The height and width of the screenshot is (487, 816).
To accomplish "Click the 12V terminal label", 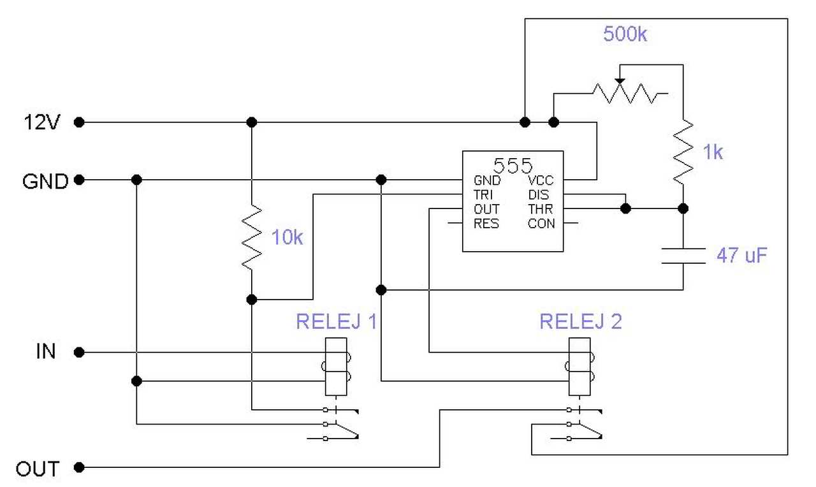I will (41, 122).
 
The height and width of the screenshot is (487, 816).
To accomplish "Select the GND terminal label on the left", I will (45, 182).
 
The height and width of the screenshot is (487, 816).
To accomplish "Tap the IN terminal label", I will (45, 352).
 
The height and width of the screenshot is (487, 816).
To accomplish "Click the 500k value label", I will (625, 34).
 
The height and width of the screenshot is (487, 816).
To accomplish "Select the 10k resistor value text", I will (287, 238).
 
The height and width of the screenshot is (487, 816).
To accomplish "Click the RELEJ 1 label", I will (336, 321).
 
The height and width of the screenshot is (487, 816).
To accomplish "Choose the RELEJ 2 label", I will (580, 321).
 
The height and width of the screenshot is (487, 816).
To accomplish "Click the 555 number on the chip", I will (513, 166).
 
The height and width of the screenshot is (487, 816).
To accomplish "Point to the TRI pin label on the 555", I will (483, 194).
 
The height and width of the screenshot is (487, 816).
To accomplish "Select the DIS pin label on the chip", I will (538, 194).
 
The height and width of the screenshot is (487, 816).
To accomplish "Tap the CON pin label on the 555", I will (541, 224).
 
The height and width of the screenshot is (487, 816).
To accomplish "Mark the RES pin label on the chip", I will (486, 224).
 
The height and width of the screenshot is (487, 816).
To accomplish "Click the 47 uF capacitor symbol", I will (683, 256).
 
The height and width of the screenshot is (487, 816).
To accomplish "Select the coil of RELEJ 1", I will (336, 367).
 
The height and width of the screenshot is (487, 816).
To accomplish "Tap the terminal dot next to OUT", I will (79, 468).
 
